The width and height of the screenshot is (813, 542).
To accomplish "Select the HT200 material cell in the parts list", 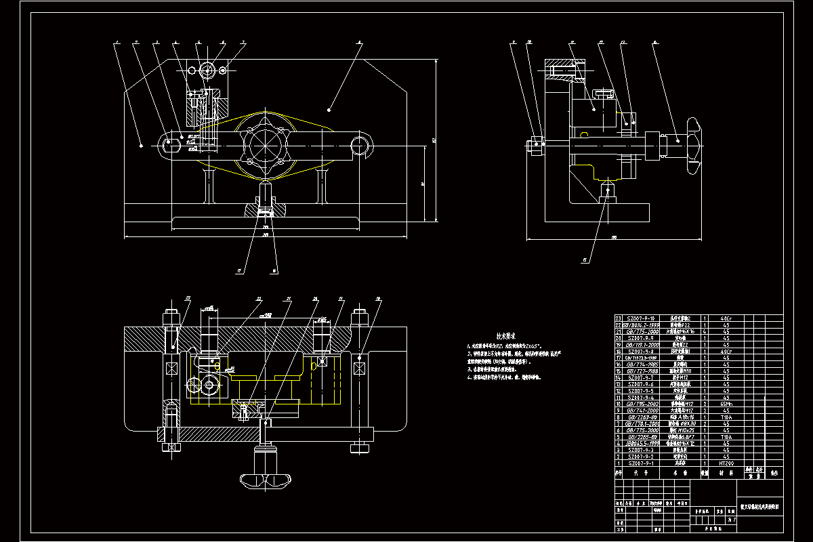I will click(725, 463).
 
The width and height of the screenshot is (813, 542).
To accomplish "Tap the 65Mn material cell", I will click(725, 404).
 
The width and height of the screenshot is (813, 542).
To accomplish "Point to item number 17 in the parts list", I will click(617, 358).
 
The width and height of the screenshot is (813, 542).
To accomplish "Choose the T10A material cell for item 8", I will click(725, 417).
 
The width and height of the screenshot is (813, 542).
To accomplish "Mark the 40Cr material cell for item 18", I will click(725, 351).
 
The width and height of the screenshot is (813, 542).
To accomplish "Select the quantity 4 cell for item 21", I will click(705, 331).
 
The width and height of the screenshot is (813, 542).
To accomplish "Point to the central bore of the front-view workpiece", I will click(265, 144).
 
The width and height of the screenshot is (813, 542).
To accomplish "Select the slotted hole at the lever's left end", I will click(172, 143).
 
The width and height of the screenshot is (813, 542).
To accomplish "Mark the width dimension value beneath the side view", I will click(614, 238).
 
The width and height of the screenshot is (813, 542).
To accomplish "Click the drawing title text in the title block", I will click(759, 505).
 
